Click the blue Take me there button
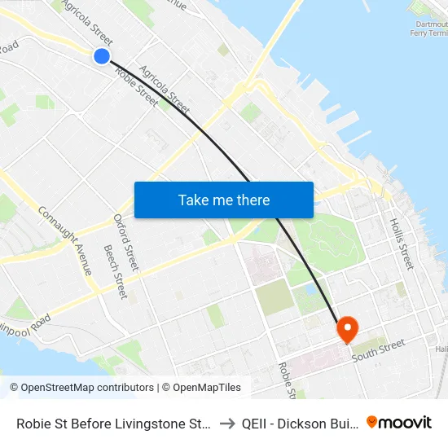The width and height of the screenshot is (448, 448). click(x=223, y=200)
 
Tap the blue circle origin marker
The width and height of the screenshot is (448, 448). click(x=102, y=55)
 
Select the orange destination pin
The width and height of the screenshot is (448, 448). click(x=347, y=330)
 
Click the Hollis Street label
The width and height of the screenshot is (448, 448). click(x=402, y=243)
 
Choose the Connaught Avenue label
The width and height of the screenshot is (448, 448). click(x=66, y=239)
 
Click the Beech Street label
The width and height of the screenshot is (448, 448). click(x=115, y=271)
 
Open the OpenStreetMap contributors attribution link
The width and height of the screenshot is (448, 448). click(x=82, y=388)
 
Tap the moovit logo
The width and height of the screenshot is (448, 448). click(x=399, y=422)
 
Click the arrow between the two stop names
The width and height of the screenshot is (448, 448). click(x=227, y=423)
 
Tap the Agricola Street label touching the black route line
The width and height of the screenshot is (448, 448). click(x=165, y=90)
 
